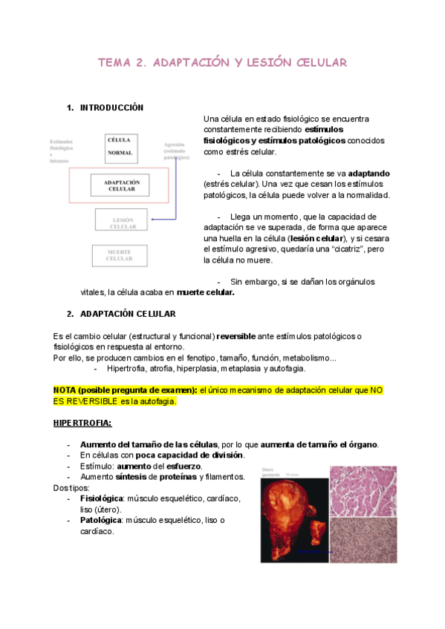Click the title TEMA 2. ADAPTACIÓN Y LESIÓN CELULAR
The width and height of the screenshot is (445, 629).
pos(222,63)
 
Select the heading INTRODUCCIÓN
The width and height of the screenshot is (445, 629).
pos(111,108)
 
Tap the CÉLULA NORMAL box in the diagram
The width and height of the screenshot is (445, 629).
pos(120,145)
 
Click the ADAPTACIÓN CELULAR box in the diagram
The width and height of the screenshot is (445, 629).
pos(122,185)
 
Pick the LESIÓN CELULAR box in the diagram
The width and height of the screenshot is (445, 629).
pos(123,220)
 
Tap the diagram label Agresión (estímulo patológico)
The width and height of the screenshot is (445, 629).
pos(177,151)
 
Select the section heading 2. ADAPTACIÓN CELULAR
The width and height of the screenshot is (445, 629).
pos(127,314)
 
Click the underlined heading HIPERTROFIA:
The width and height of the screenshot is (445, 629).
pos(82,423)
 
